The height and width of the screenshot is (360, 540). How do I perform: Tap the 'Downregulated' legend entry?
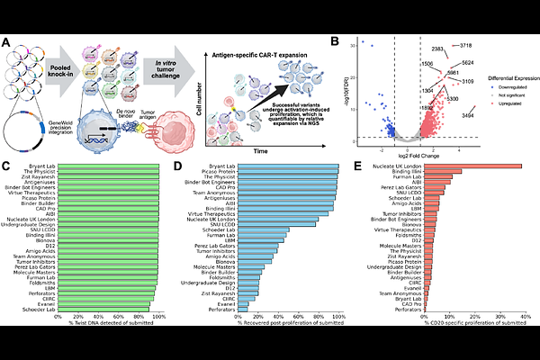pyautogui.click(x=503, y=77)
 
